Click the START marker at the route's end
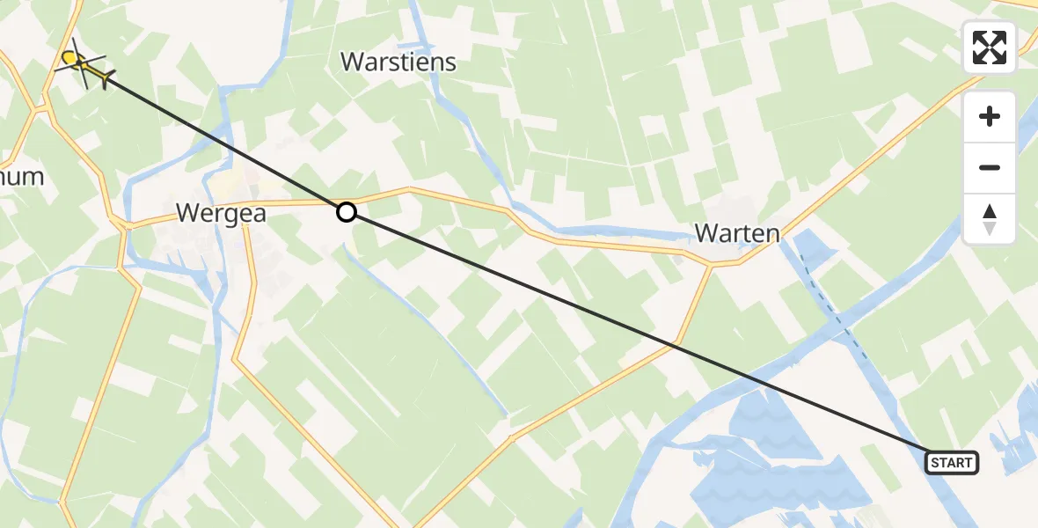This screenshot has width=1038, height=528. point(952,463)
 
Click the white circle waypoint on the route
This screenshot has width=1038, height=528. point(347,212)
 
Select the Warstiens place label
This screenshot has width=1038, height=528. point(398,62)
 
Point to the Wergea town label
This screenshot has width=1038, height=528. point(221,213)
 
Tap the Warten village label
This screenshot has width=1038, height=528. point(737,233)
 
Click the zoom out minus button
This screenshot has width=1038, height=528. point(990,168)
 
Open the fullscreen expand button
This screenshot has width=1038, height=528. point(990,48)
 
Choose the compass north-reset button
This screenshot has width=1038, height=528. point(990,219)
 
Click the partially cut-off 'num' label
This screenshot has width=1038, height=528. point(21,176)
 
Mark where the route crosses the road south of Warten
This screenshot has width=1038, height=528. point(676,346)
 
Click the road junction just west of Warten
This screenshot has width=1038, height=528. point(711,263)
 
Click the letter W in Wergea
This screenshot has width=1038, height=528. point(187,213)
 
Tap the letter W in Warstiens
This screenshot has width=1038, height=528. point(353,62)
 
